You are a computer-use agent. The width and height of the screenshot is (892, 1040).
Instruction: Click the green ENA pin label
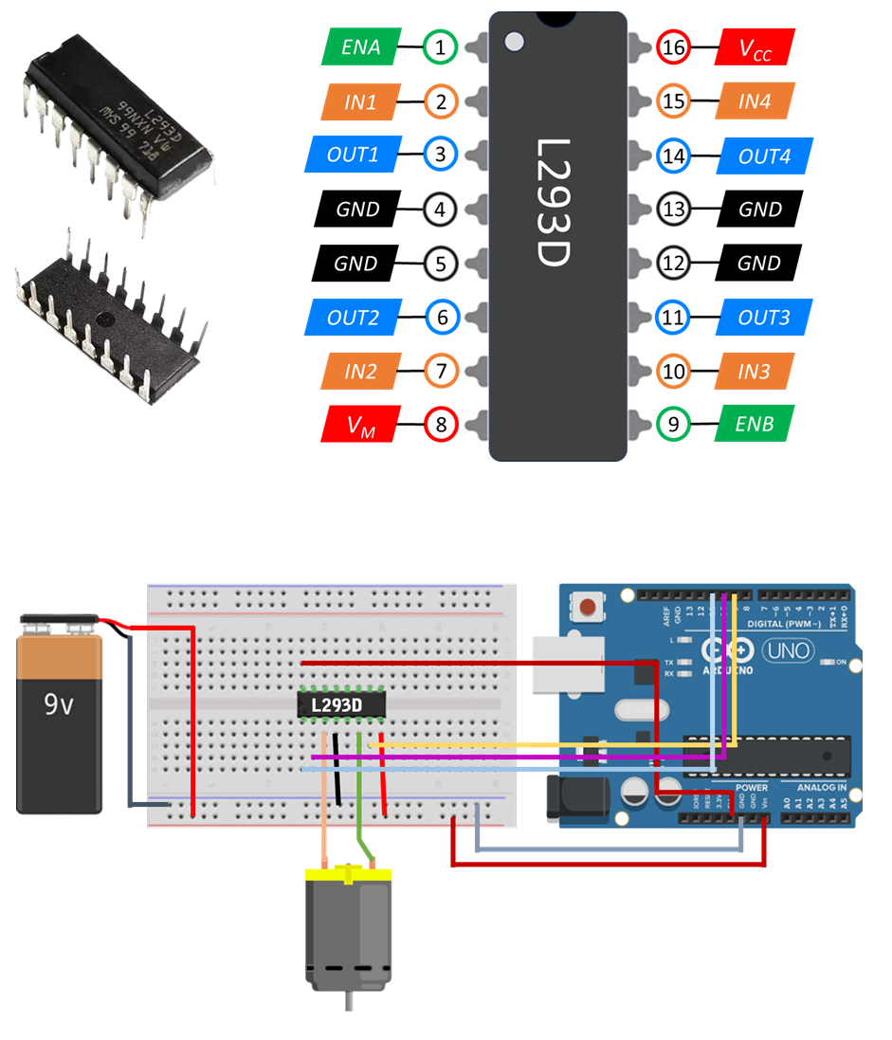point(359,46)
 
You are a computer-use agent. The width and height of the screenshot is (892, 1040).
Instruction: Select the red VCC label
point(755,46)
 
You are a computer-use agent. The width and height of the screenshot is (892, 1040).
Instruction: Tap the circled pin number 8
point(441,423)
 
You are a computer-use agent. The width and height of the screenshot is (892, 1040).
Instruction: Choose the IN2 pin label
point(360,371)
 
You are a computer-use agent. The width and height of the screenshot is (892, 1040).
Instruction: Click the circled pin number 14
point(674,155)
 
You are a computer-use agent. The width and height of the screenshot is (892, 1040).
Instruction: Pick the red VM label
point(361,424)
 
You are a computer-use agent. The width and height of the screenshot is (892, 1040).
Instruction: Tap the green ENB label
point(755,423)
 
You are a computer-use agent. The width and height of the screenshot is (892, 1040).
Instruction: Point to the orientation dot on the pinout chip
point(514,42)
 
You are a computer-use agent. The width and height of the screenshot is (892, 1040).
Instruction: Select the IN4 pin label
point(755,101)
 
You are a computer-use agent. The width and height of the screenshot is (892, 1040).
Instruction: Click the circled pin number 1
point(441,46)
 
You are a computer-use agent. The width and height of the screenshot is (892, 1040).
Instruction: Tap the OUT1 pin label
point(353,155)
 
